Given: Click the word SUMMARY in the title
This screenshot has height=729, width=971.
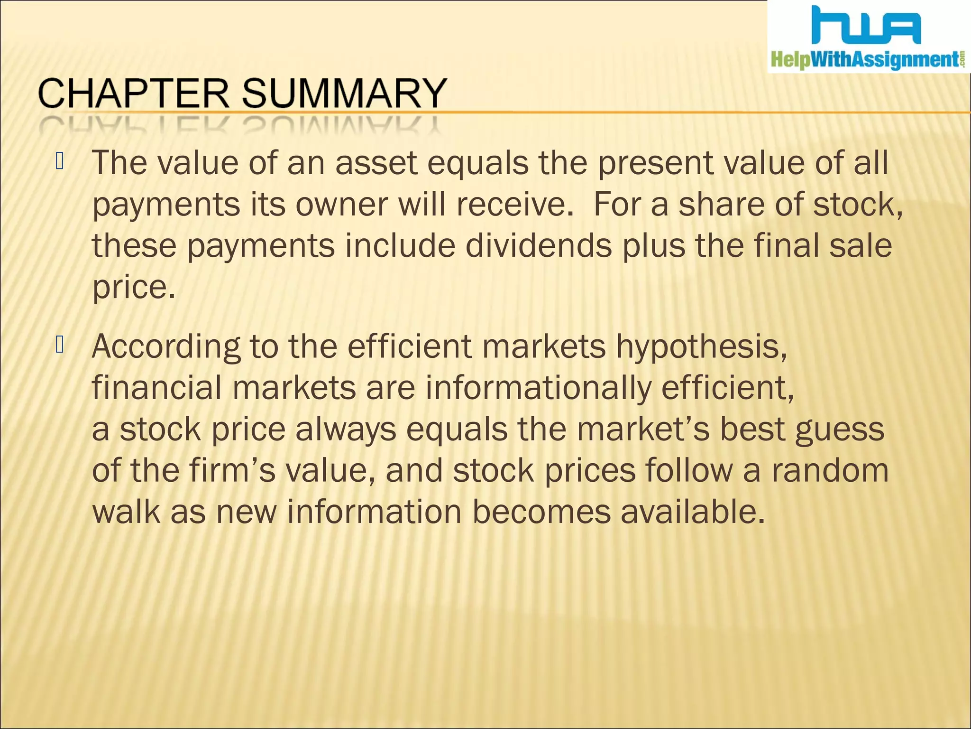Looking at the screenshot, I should point(344,93).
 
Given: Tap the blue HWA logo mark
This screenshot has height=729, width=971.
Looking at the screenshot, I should point(866,27).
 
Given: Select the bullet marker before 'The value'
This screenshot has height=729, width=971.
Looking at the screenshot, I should point(59,161).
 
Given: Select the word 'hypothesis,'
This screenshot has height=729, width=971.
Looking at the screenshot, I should point(702,347).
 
